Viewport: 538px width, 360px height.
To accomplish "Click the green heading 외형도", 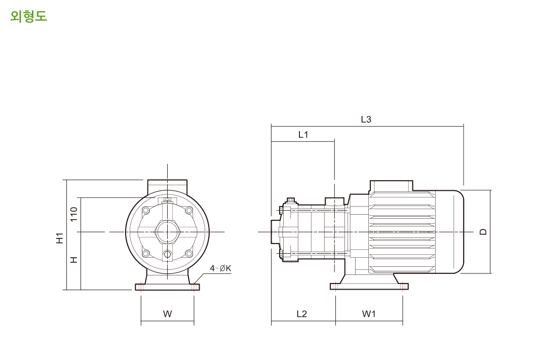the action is click(x=28, y=16).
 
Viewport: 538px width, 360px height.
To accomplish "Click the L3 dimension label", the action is click(x=366, y=119).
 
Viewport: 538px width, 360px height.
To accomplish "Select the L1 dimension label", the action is click(x=303, y=135).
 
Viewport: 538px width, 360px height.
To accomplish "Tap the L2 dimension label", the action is click(x=301, y=314).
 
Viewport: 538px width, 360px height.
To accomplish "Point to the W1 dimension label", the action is click(x=369, y=314).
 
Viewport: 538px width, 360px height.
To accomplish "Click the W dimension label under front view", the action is click(x=168, y=314).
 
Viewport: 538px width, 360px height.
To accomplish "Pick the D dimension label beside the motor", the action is click(x=483, y=232).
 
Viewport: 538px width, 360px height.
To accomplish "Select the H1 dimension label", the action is click(x=60, y=238).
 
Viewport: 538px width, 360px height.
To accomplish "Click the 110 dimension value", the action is click(x=74, y=214).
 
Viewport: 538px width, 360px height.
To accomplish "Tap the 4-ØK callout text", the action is click(x=220, y=268).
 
